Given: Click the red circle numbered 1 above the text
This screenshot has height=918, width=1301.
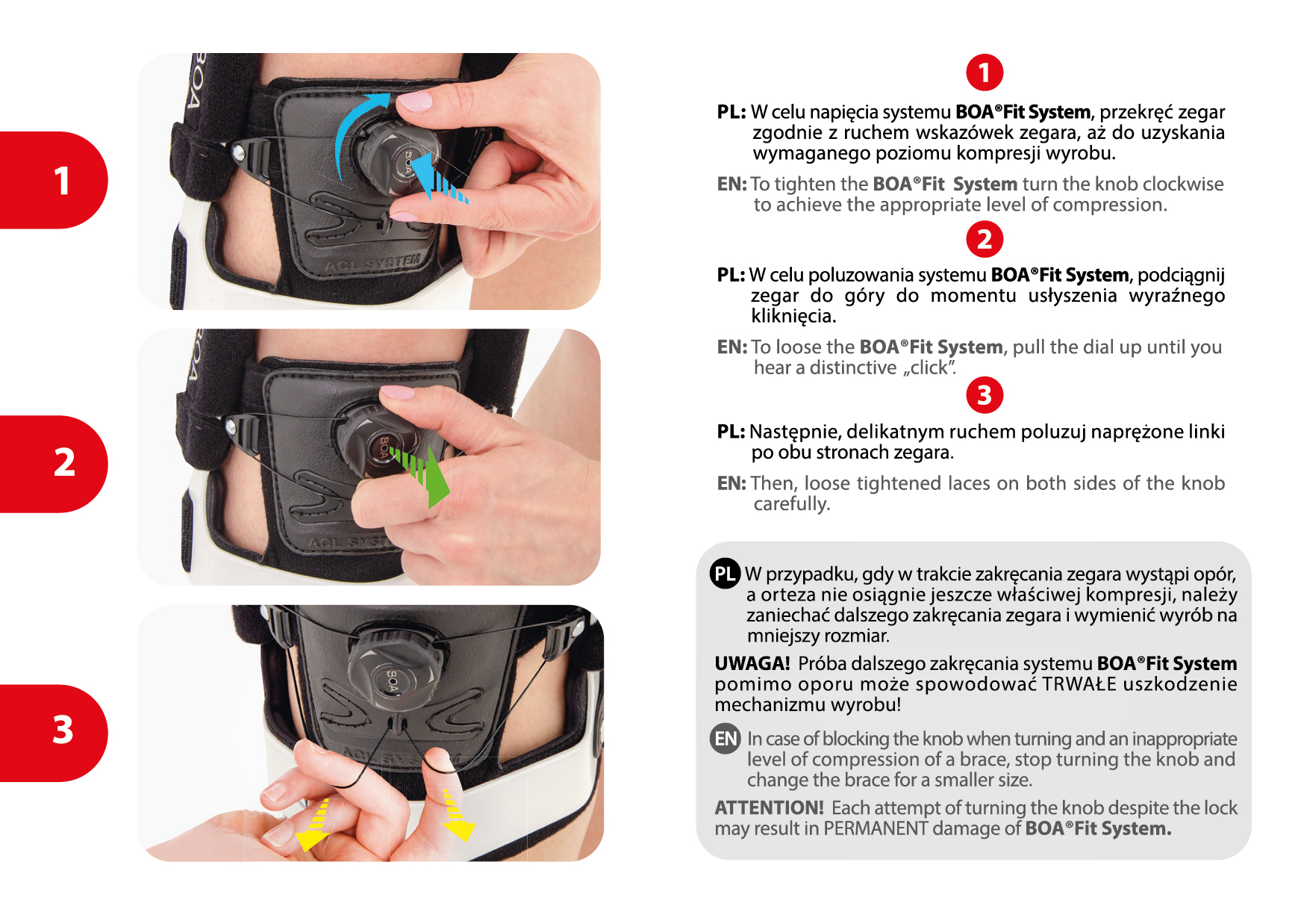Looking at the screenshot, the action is click(985, 72).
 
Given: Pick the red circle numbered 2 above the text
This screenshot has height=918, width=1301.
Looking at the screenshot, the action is click(985, 239).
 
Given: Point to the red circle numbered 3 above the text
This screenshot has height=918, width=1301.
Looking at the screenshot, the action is click(985, 395).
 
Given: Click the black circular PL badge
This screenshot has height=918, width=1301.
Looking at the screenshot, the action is click(725, 574).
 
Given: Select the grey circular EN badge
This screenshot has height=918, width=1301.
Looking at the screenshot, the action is click(725, 739).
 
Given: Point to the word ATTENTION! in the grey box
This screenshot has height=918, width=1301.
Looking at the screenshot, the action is click(769, 807).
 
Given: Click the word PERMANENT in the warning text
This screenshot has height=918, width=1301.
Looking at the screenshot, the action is click(876, 828).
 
